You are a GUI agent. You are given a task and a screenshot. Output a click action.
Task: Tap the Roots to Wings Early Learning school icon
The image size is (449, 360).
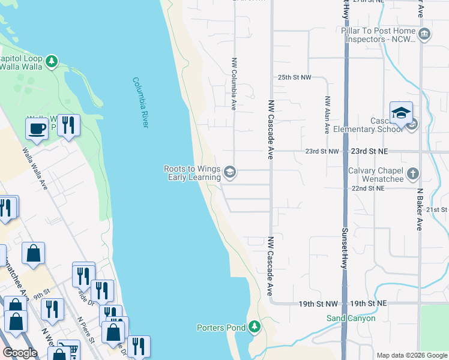(x=229, y=173)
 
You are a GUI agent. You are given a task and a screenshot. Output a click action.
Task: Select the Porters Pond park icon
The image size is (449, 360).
(x=255, y=327)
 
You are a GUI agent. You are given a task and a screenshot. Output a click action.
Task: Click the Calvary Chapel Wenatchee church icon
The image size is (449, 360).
(x=412, y=174)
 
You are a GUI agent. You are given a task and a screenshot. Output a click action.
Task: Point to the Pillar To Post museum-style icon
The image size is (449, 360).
(x=425, y=34)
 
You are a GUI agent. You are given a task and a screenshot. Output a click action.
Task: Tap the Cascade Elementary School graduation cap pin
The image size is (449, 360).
(x=401, y=113)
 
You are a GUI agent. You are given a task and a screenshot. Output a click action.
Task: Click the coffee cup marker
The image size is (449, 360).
(x=37, y=128)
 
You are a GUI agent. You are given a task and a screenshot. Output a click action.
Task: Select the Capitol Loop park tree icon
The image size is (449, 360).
(x=52, y=61)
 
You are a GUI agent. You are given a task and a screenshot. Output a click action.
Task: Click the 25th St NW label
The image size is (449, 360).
(x=294, y=78)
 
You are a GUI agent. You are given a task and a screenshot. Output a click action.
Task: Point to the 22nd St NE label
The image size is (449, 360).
(x=368, y=188)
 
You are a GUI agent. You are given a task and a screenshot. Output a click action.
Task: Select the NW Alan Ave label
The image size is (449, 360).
(x=327, y=115)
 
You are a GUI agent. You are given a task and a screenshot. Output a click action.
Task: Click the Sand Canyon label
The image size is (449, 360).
(x=351, y=318)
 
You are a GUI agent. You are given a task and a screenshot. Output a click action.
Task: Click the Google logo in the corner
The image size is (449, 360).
(x=20, y=353)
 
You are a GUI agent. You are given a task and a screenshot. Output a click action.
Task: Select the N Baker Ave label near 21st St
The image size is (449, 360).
(x=419, y=210)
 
